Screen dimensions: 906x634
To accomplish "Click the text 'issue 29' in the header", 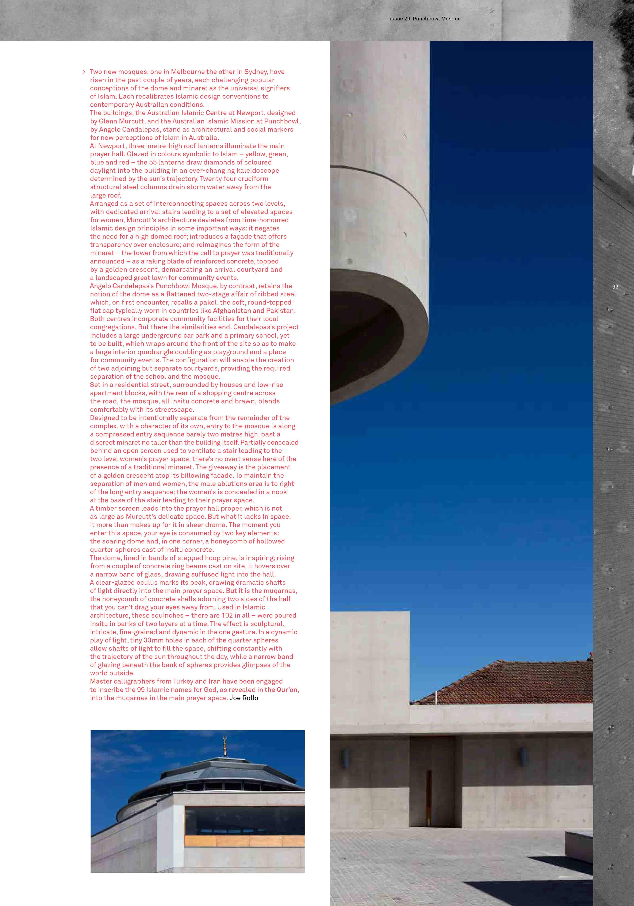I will pos(400,19).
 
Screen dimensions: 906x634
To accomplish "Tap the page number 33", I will pos(615,287).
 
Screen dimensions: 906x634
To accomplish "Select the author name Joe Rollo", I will pos(244,698).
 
